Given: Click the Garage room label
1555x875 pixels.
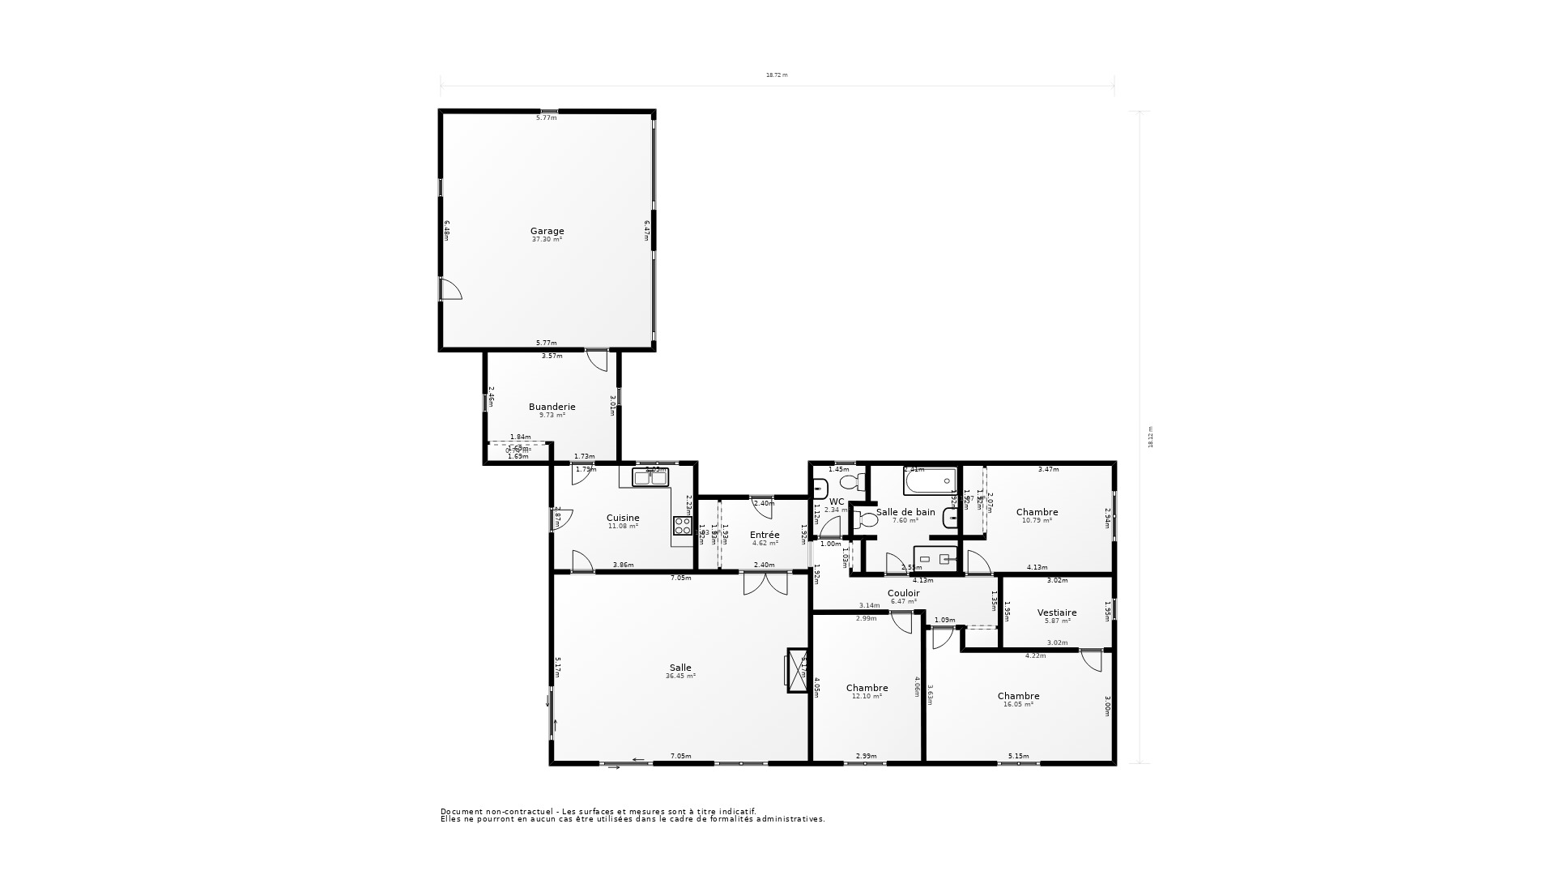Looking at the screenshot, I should [547, 231].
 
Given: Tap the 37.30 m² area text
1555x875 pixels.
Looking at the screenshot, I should [547, 240].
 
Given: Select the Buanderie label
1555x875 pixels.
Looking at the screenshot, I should [552, 407].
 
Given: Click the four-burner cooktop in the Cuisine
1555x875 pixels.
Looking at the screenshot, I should [682, 526].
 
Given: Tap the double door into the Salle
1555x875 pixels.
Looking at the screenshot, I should [765, 583].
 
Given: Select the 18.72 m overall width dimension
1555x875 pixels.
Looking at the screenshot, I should [777, 75].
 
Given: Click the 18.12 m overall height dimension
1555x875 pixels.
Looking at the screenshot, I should [1150, 437].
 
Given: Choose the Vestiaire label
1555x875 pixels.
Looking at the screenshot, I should [1057, 612].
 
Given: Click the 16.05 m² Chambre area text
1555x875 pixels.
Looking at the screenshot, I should [1018, 705].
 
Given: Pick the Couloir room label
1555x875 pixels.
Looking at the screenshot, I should [903, 593].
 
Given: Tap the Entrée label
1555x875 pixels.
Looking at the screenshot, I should [765, 535].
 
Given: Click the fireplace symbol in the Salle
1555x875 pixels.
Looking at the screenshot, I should [796, 670].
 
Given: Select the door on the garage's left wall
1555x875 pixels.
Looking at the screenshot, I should [449, 289].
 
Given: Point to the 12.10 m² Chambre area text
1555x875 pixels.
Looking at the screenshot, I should [867, 697].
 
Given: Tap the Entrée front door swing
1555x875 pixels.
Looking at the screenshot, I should [761, 505].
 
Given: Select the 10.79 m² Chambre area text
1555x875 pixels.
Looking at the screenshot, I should [1037, 521].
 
